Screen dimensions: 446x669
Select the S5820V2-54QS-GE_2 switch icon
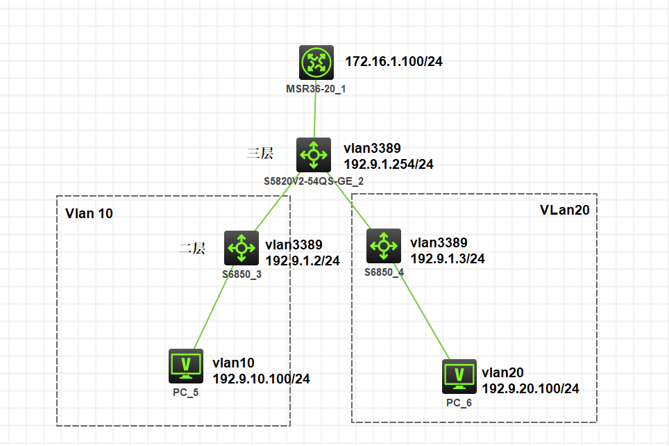click(x=313, y=154)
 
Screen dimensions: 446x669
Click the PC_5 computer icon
click(x=186, y=366)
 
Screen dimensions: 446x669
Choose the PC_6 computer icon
click(x=459, y=377)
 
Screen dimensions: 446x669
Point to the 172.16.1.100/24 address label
click(x=393, y=62)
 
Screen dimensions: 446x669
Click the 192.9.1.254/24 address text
click(x=389, y=164)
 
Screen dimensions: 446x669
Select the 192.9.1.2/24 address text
click(x=303, y=261)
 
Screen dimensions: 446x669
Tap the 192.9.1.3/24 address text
click(x=448, y=258)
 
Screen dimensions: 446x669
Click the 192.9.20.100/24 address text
click(x=530, y=388)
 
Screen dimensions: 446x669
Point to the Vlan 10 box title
click(x=89, y=213)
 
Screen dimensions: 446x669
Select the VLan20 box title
click(x=564, y=210)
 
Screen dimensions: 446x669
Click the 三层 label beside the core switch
click(x=260, y=154)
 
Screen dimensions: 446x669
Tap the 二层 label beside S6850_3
click(x=192, y=249)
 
